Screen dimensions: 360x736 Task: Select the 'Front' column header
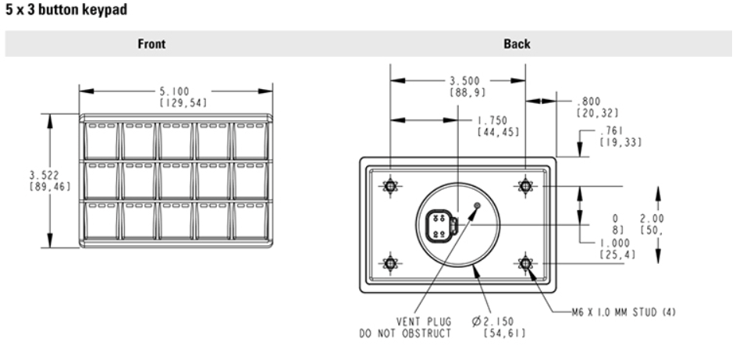tap(151, 44)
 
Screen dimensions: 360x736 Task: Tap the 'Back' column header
tap(517, 44)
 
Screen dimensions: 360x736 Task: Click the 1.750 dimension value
tap(492, 120)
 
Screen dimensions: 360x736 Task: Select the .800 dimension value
tap(589, 102)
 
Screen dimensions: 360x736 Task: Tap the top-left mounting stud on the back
tap(390, 187)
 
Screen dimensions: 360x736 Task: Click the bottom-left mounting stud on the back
tap(390, 263)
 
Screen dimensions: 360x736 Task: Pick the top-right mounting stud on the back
tap(525, 187)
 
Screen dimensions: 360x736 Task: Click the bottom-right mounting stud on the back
tap(525, 263)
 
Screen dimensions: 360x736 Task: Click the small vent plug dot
tap(477, 205)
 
